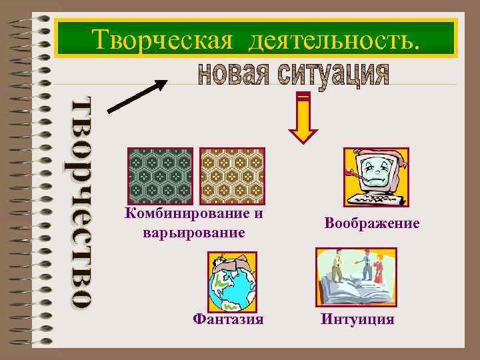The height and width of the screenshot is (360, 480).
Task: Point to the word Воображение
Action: [372, 224]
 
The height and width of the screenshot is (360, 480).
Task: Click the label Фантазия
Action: [228, 319]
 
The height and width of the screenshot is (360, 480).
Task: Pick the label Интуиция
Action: [357, 319]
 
